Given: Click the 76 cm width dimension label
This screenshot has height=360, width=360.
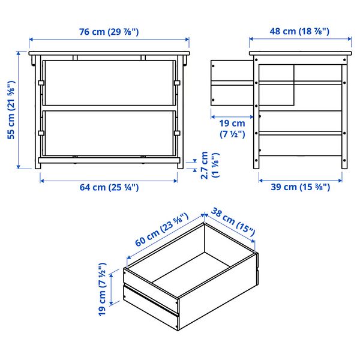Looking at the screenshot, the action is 109,32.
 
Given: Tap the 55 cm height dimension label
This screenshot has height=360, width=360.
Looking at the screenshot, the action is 11,110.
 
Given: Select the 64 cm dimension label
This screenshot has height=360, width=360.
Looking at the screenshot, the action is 109,187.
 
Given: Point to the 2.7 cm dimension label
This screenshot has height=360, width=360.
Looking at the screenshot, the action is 210,165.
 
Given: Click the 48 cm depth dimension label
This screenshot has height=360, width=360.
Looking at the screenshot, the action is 299,31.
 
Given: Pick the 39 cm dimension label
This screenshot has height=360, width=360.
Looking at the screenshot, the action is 301,187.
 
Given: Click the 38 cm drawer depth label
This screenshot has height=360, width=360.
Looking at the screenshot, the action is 233,221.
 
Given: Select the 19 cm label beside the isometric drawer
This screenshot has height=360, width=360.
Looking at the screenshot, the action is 102,289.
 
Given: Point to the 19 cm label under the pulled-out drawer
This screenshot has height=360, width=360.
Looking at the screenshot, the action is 232,128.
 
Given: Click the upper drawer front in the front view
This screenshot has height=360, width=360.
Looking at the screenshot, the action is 109,83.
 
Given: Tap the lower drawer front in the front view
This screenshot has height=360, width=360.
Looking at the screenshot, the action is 109,133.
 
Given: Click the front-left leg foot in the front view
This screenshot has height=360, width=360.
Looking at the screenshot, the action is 38,166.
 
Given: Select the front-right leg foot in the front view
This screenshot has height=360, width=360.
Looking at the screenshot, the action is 181,166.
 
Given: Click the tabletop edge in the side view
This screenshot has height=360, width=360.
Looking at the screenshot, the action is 301,53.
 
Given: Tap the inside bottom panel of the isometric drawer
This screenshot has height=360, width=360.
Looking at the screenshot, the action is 191,274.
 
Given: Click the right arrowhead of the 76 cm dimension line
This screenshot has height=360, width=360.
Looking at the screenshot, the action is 187,40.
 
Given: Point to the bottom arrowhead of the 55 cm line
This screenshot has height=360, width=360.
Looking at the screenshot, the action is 19,167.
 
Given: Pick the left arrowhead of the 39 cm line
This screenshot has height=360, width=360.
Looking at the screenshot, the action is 261,181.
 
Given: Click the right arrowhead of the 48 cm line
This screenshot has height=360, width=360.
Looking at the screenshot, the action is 349,39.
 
